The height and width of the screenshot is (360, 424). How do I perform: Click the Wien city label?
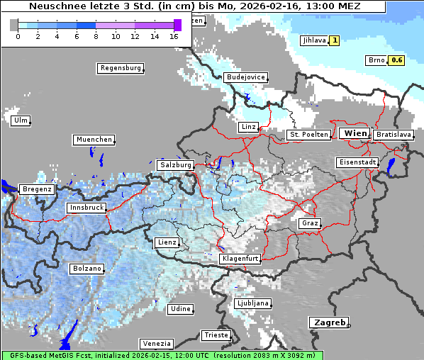356,133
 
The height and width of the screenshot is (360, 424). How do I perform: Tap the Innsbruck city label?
86,208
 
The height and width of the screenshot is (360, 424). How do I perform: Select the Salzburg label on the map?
175,164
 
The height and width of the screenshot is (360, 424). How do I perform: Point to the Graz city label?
310,223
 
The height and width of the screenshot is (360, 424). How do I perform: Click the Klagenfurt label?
240,259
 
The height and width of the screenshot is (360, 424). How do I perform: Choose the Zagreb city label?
328,322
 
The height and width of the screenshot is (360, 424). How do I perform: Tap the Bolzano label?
87,269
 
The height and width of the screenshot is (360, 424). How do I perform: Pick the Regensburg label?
120,68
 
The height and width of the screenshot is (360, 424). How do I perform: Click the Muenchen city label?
94,140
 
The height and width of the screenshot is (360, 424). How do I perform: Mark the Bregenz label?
37,189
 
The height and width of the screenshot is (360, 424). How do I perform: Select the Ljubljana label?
252,303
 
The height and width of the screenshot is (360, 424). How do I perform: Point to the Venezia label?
155,343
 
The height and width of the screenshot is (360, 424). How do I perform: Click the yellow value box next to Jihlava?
334,40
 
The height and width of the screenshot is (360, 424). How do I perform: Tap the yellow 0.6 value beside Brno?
396,60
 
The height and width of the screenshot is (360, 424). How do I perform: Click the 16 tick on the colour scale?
174,35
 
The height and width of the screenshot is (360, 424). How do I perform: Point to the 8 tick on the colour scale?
96,35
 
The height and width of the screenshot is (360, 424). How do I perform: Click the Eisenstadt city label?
356,162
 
